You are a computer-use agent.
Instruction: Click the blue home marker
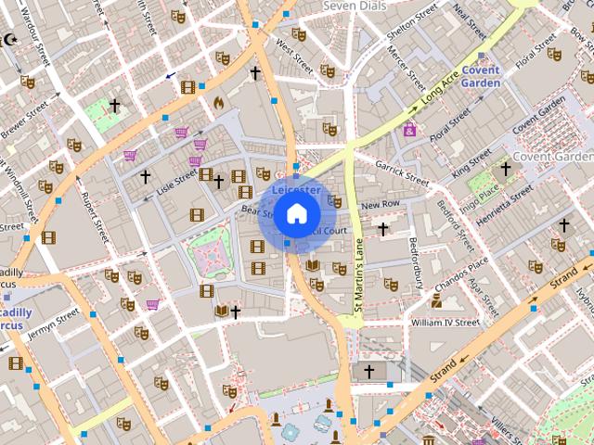tap(296, 214)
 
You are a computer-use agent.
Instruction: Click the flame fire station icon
tap(219, 103)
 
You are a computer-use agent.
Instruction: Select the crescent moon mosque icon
tap(11, 39)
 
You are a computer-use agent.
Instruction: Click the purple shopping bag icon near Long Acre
tap(409, 131)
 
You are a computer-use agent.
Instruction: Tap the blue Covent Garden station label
tap(481, 76)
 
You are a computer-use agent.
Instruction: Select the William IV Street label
tap(444, 323)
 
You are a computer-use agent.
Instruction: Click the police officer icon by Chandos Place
tap(436, 300)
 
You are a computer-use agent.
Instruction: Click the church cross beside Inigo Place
tap(506, 169)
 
